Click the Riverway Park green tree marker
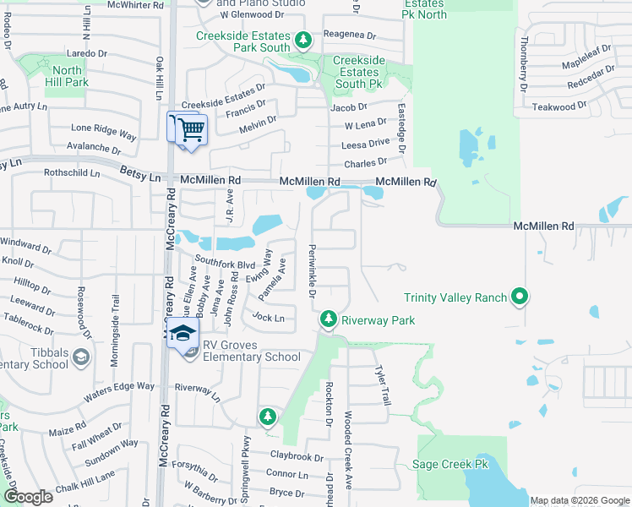click(329, 319)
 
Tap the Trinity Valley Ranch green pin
click(520, 297)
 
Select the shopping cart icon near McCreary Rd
click(192, 129)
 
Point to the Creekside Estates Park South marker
click(302, 40)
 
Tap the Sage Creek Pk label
click(450, 465)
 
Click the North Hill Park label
click(68, 76)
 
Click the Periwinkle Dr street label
click(310, 273)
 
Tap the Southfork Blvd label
click(225, 264)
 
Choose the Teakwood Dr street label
click(558, 106)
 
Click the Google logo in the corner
click(27, 497)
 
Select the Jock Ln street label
click(268, 319)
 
